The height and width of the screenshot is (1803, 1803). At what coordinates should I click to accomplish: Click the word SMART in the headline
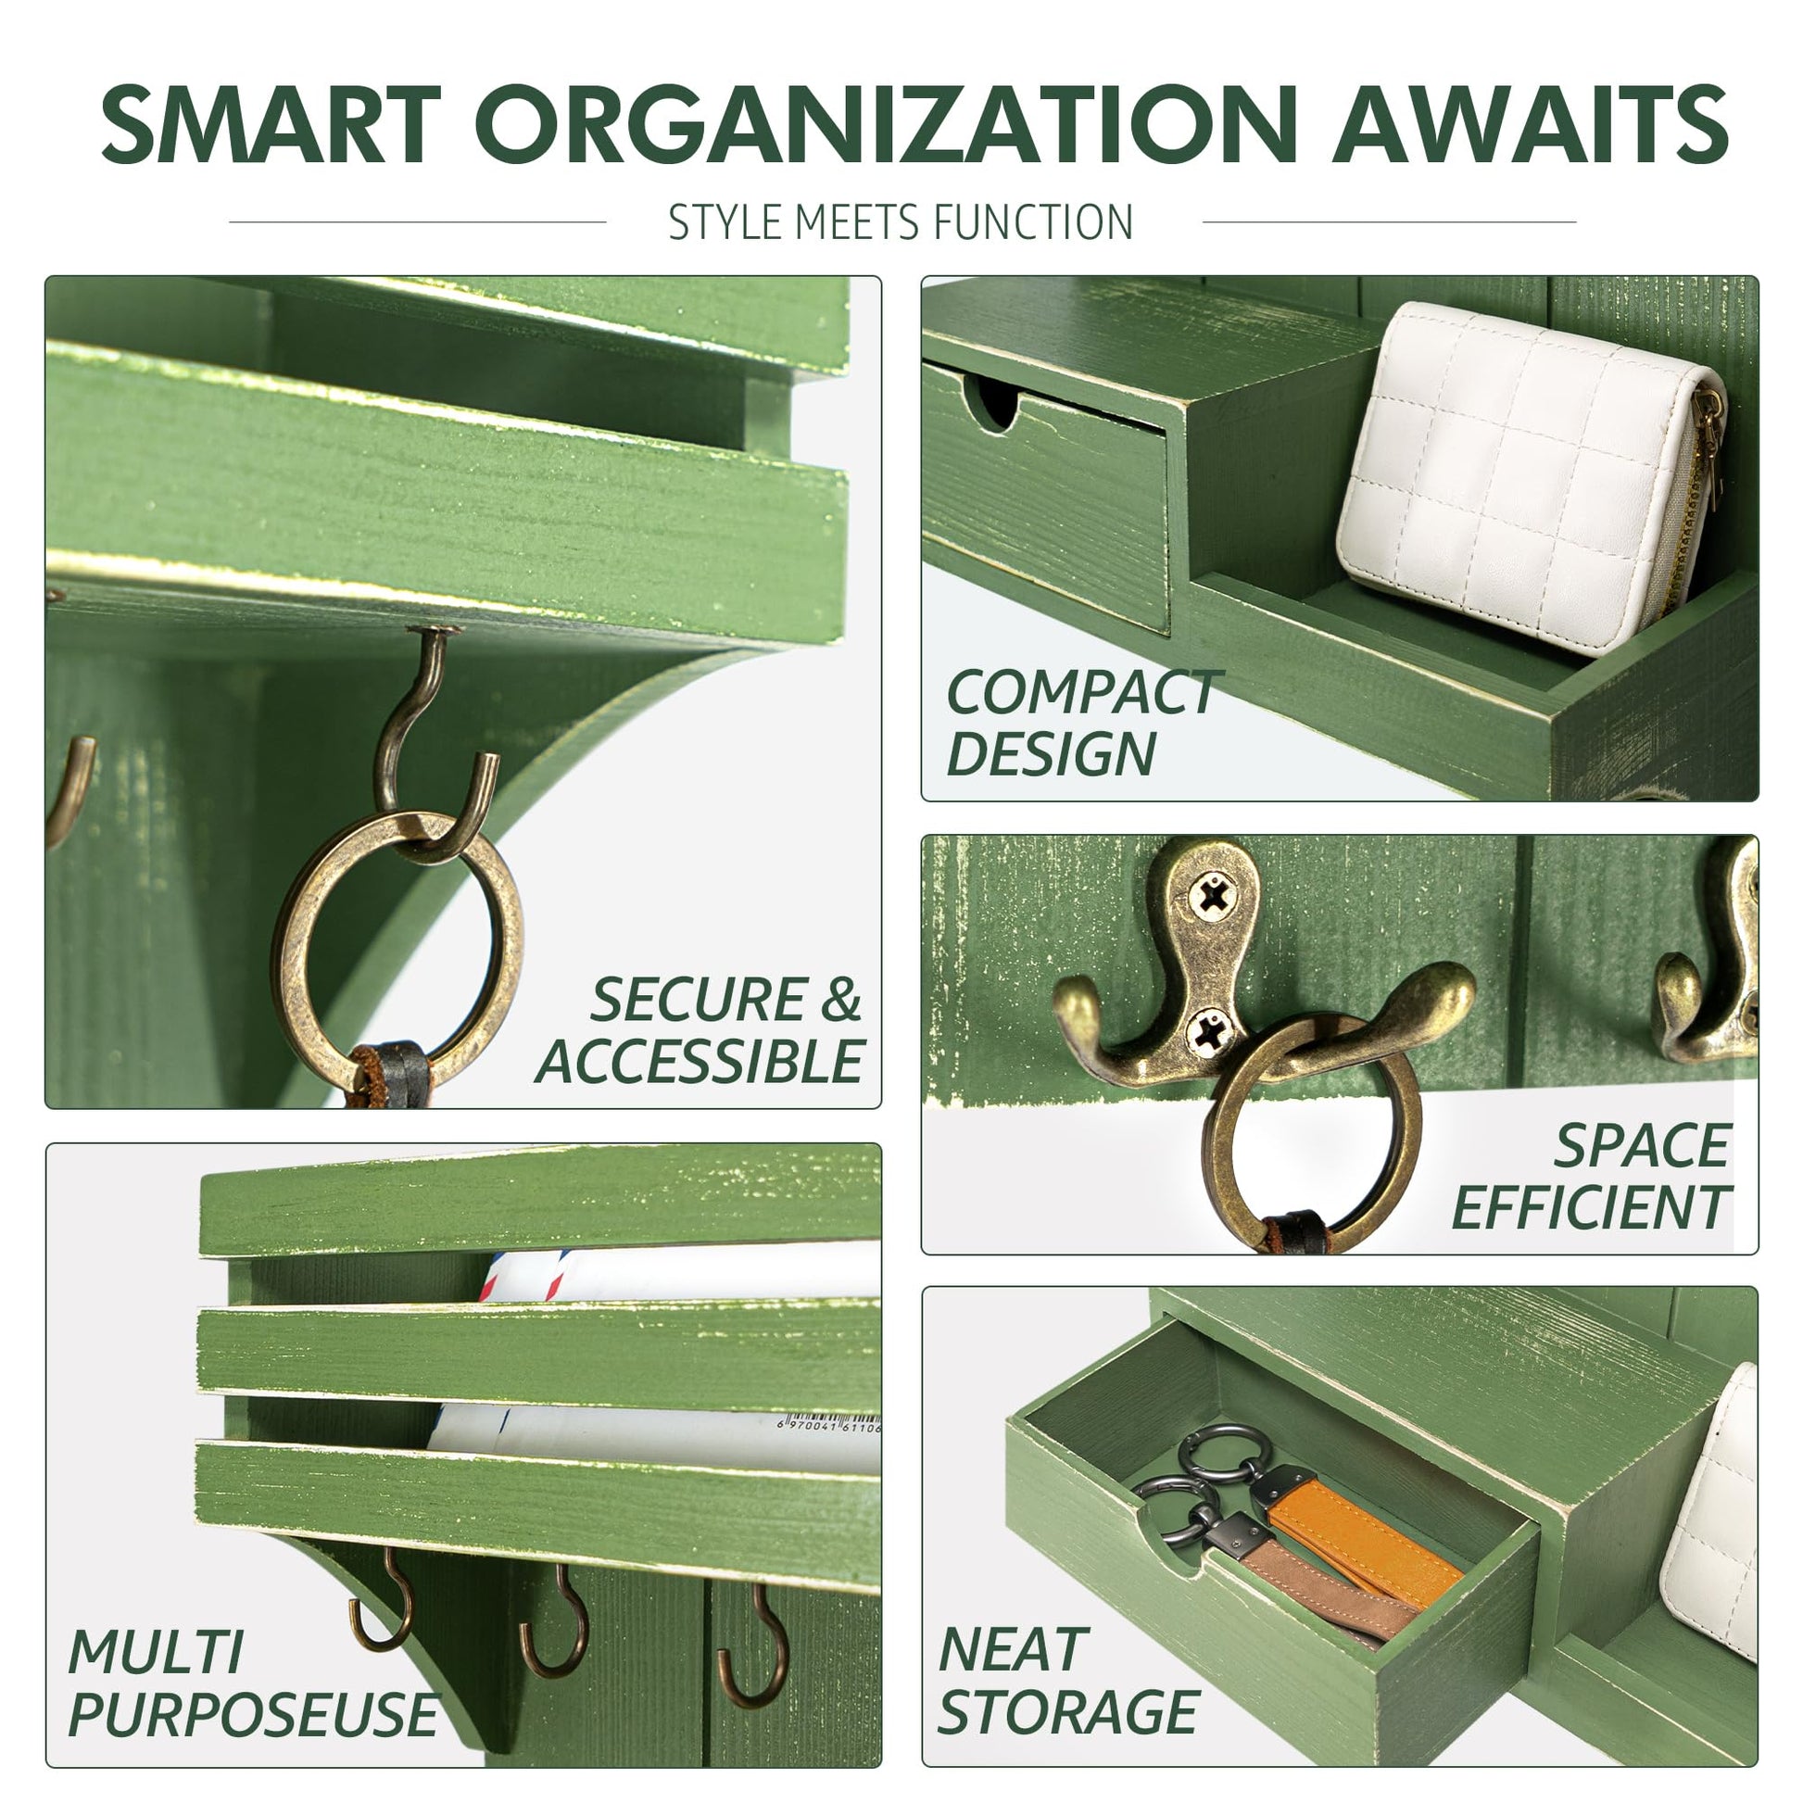pyautogui.click(x=271, y=124)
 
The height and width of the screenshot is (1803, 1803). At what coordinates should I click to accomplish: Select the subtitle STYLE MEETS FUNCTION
pyautogui.click(x=901, y=222)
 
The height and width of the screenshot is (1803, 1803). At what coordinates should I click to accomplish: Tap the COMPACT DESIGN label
pyautogui.click(x=1082, y=724)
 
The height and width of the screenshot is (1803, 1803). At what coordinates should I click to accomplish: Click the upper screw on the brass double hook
pyautogui.click(x=1212, y=897)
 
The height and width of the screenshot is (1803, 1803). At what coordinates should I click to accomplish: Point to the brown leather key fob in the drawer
pyautogui.click(x=1325, y=1586)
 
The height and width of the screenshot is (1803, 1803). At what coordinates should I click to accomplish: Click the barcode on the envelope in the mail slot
pyautogui.click(x=828, y=1426)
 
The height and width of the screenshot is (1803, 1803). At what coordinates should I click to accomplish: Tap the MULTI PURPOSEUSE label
pyautogui.click(x=252, y=1683)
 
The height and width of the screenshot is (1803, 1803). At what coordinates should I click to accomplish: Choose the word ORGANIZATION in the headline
pyautogui.click(x=887, y=124)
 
